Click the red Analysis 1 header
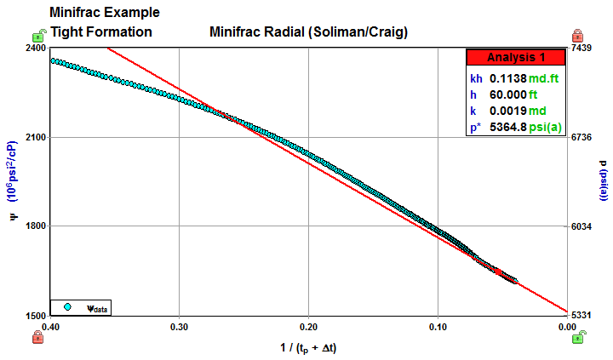coord(515,58)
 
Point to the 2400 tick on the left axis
coord(34,49)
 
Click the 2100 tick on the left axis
coord(34,137)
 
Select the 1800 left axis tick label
coord(34,226)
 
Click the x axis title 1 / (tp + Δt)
coord(309,347)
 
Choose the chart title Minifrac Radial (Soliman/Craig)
coord(308,33)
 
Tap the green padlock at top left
coord(38,35)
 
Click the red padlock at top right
coord(577,35)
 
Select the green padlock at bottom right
coord(577,337)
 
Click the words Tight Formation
coord(101,32)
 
